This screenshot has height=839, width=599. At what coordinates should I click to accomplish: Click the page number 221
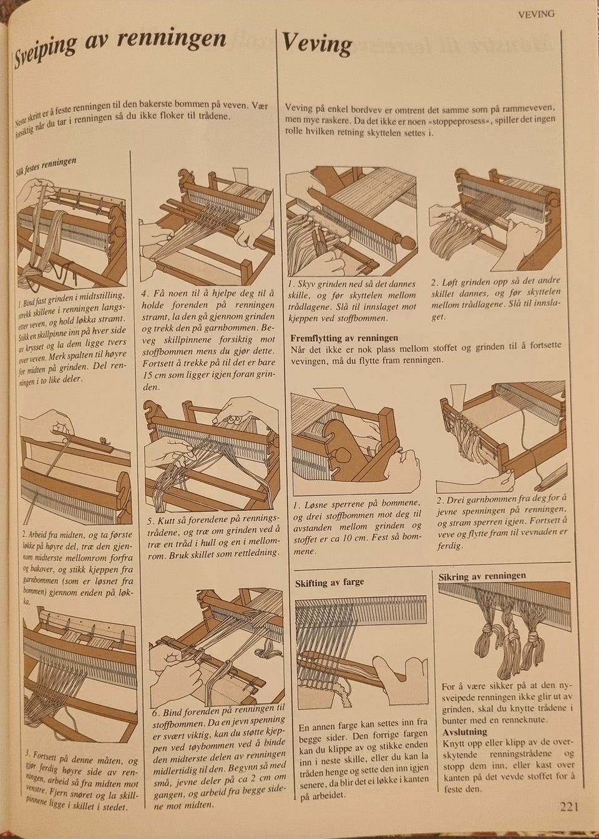tap(570, 807)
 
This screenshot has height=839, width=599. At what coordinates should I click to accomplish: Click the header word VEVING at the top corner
tap(536, 13)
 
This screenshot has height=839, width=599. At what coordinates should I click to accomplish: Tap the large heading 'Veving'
tap(317, 44)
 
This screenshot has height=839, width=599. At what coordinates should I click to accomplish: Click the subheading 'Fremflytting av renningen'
tap(344, 337)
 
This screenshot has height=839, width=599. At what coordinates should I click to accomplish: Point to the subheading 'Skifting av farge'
tap(329, 582)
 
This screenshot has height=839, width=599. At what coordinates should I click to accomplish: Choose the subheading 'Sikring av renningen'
tap(482, 576)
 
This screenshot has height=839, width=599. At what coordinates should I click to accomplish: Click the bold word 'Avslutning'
tap(464, 732)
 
